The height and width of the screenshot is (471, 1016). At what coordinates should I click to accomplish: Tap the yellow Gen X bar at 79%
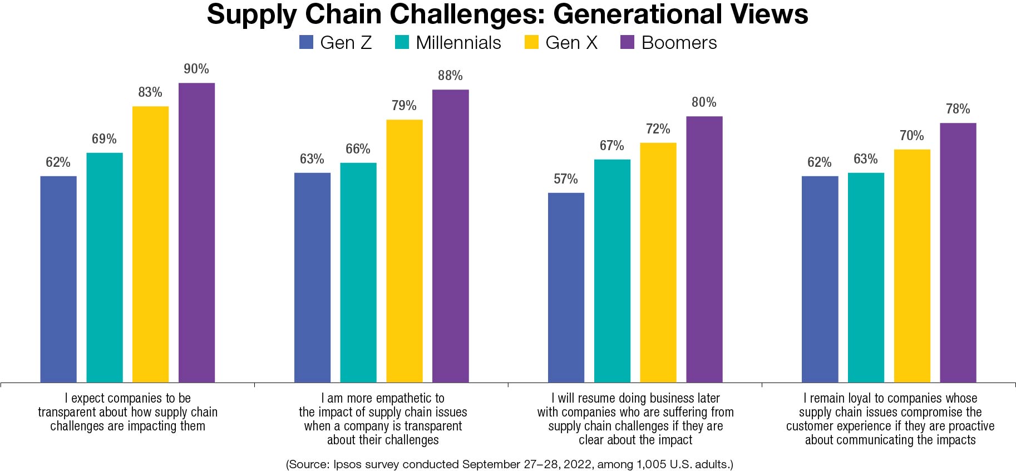405,251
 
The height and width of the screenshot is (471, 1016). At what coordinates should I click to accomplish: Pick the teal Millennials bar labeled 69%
105,267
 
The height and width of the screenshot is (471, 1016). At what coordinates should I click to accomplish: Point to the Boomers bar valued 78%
958,252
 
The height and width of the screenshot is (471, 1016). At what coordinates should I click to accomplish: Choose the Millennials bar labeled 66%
358,272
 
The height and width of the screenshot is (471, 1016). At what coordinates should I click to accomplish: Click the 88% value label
450,76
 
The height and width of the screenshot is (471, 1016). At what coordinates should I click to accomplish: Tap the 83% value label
150,92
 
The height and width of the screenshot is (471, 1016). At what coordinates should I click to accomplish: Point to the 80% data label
704,102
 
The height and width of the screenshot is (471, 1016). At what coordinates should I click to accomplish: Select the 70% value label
911,136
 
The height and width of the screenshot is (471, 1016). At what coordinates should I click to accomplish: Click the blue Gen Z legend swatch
307,43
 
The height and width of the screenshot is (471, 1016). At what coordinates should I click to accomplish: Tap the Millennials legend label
458,43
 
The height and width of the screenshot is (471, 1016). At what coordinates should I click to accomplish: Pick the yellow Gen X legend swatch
531,43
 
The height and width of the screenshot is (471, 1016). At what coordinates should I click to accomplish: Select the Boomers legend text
679,43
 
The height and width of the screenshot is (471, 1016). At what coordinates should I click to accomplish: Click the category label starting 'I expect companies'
128,412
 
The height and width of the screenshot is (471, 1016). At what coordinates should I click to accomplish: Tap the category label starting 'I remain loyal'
890,419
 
